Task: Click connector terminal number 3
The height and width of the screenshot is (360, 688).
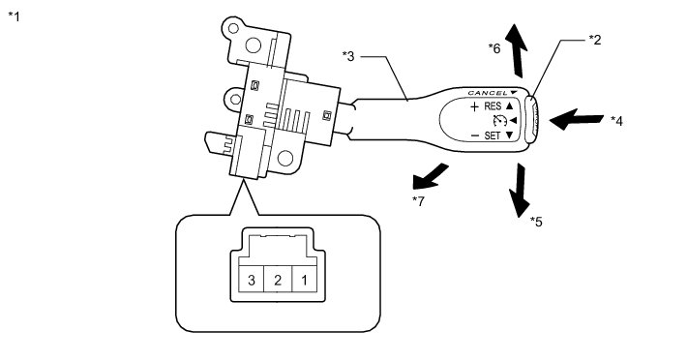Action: [x=252, y=280]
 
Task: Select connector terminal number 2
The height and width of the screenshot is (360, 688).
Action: [x=278, y=280]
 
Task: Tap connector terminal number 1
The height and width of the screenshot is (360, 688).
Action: [x=304, y=280]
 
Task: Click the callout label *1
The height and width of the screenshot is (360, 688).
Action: [x=15, y=16]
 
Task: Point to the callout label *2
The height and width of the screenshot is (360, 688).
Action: [x=594, y=40]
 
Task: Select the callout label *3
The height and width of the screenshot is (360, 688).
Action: [x=348, y=56]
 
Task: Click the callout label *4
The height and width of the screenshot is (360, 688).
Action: [x=616, y=121]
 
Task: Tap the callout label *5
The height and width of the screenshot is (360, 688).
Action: [x=536, y=222]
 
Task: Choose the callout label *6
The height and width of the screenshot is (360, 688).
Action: [x=494, y=48]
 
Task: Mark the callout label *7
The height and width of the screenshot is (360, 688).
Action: [x=418, y=201]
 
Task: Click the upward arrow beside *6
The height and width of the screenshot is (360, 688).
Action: [x=517, y=50]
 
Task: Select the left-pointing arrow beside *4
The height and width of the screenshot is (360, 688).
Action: [x=576, y=119]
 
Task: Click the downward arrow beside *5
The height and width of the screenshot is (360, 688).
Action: [x=520, y=190]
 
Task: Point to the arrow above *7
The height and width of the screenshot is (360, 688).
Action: [x=430, y=176]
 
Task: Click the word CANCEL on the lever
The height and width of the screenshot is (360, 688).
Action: [x=487, y=93]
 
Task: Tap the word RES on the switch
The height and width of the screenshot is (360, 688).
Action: [x=493, y=106]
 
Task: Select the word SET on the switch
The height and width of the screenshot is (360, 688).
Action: [x=493, y=135]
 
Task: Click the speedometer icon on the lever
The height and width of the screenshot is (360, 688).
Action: [x=499, y=121]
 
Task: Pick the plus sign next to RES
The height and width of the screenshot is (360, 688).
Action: [x=474, y=106]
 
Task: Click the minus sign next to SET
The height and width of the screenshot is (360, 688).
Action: [x=475, y=135]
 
